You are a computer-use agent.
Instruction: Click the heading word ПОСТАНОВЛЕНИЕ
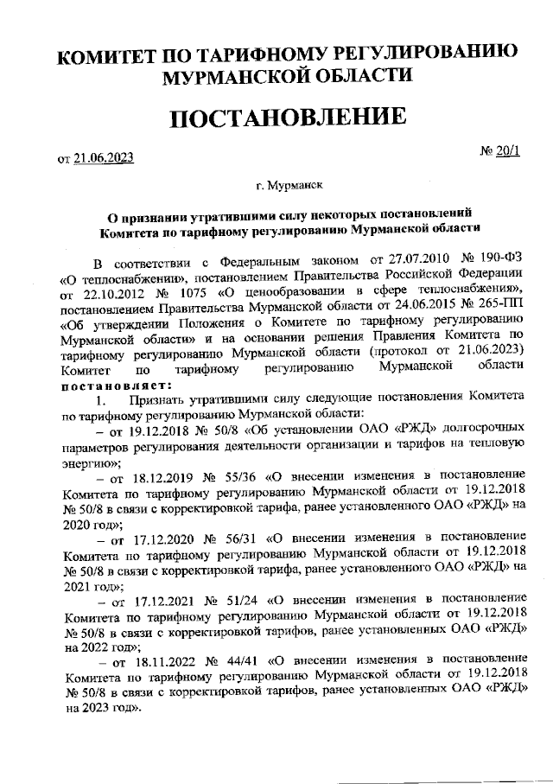pos(287,119)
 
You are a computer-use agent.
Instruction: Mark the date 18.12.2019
pos(155,476)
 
